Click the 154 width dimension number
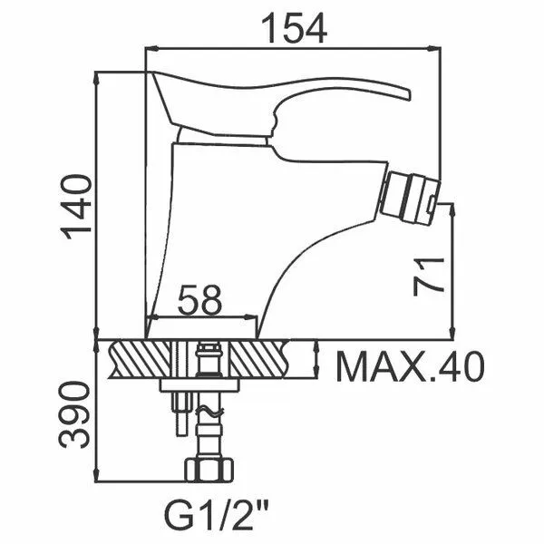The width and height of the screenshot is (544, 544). coord(294,28)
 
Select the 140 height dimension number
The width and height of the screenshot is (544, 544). coord(76,207)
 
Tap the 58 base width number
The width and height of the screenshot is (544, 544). coord(199,299)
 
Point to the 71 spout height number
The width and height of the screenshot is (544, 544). coord(429,277)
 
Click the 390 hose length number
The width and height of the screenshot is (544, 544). coord(73,414)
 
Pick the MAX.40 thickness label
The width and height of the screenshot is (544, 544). coord(410,366)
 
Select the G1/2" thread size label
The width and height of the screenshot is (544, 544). coord(216,518)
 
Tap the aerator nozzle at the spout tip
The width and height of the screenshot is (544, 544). coord(410,197)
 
